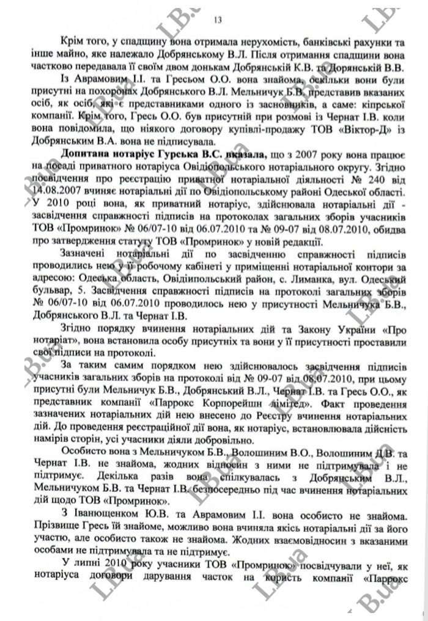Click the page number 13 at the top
[218, 20]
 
